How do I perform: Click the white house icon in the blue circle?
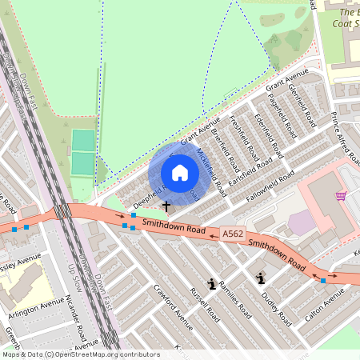pos(180,173)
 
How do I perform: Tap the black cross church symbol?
pos(166,206)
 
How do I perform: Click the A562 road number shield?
pos(233,234)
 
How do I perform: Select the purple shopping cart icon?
pos(341,195)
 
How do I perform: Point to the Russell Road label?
pos(205,304)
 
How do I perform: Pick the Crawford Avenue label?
pos(173,308)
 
